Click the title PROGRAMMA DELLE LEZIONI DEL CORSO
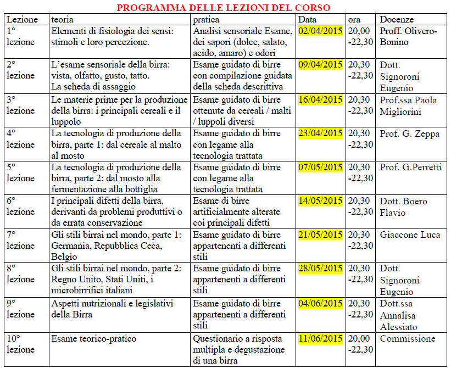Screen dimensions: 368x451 (x=224, y=8)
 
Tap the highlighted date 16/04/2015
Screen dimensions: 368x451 (x=320, y=99)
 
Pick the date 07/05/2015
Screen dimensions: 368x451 (x=320, y=167)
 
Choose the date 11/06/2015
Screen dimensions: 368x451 (x=320, y=338)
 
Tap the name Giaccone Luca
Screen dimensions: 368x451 (x=409, y=235)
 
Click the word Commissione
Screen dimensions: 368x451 (x=407, y=338)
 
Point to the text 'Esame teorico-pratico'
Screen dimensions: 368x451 (x=93, y=338)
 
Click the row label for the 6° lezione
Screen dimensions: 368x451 (x=20, y=206)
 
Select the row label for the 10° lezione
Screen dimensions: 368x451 (x=20, y=344)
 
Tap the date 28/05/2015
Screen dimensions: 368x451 (x=320, y=269)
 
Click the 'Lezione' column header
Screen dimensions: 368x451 (x=23, y=19)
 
